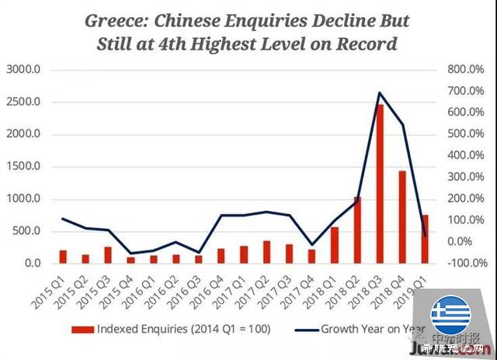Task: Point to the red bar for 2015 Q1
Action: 63,257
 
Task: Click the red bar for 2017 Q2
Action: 266,252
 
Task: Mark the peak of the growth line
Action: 380,93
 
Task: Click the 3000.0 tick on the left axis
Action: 26,70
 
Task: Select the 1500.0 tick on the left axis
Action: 26,167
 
